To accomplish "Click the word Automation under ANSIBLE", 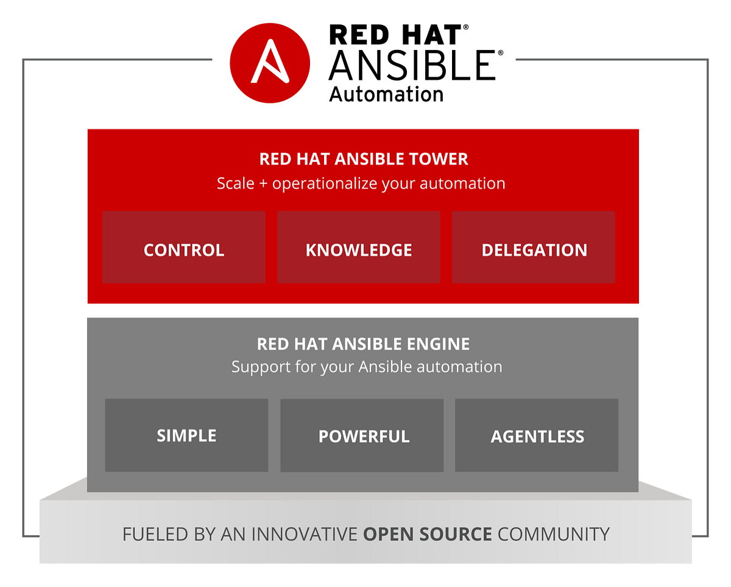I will coord(386,94).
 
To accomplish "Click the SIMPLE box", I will coord(186,435).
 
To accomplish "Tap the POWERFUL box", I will coord(364,436).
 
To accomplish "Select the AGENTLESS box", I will coord(537,436).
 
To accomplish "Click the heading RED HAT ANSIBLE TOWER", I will coord(364,160).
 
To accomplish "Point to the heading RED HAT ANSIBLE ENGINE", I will coord(363,344).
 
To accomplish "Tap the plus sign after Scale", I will coord(263,184).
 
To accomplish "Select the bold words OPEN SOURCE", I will coord(427,535).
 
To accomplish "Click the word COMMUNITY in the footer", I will coord(553,535).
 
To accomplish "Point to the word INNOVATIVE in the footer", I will coord(304,535).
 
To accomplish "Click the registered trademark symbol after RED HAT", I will coord(466,28).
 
